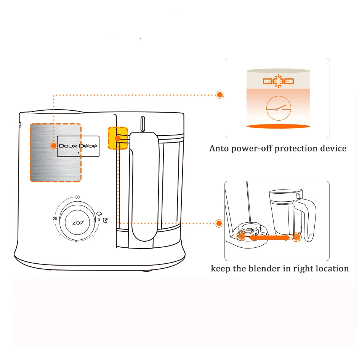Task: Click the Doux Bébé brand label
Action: tap(78, 146)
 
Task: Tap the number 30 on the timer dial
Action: tap(77, 197)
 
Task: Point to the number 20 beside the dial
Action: tap(55, 219)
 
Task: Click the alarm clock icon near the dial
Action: tap(105, 220)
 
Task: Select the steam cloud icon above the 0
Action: tap(99, 214)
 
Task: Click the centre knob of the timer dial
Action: tap(78, 223)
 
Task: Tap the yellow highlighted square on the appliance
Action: tap(118, 138)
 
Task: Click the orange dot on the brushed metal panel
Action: tap(54, 146)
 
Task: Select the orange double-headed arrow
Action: tap(269, 237)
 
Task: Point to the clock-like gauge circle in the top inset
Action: tap(279, 108)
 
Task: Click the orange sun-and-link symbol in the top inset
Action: tap(279, 81)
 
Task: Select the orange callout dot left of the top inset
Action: tap(220, 94)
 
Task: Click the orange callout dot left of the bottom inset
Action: tap(219, 223)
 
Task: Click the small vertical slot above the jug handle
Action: tap(143, 124)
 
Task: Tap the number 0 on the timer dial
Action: tap(99, 220)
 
